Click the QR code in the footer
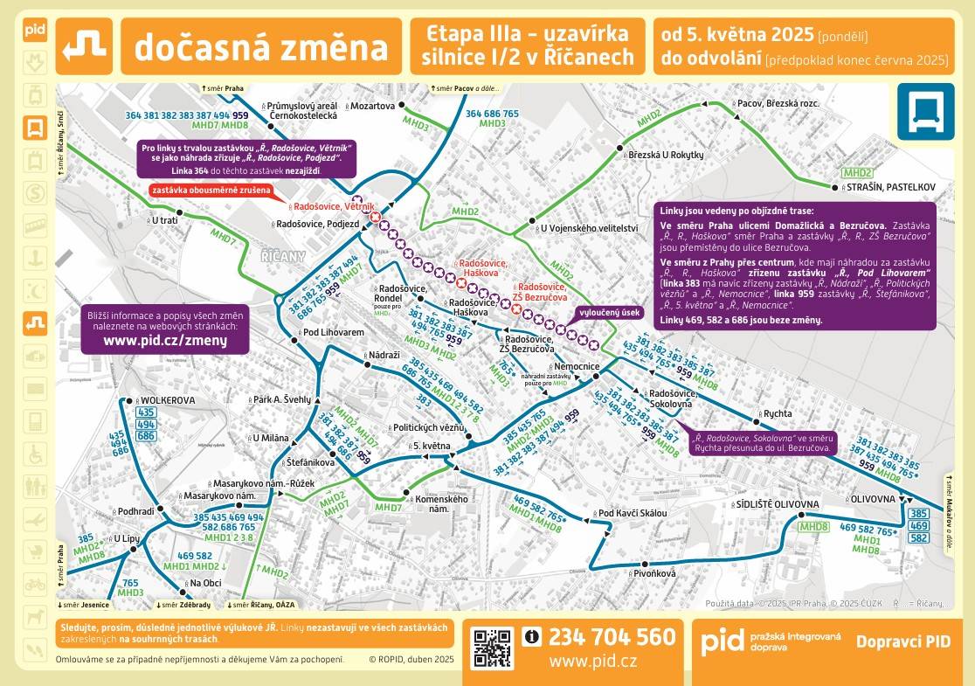493,648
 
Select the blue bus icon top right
926,111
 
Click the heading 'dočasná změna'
261,47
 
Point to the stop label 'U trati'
164,221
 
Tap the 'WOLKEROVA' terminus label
167,400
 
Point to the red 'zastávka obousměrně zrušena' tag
211,190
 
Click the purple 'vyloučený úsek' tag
610,312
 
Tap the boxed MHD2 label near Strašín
857,173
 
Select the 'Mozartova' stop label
372,106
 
